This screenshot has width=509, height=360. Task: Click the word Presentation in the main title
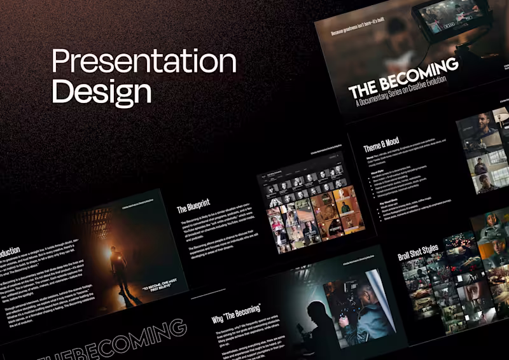click(x=143, y=62)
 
